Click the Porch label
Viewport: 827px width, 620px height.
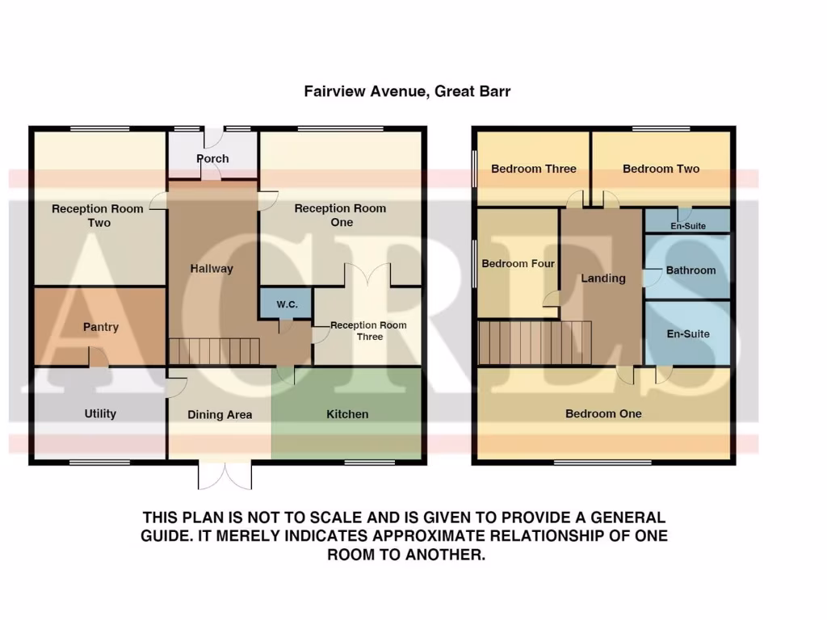[x=212, y=159]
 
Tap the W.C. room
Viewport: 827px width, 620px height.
[x=286, y=304]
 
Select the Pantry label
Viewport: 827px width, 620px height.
[x=101, y=327]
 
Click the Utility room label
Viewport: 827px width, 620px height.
[x=100, y=414]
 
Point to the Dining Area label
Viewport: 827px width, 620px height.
[x=220, y=415]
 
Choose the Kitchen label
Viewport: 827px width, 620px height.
[x=347, y=414]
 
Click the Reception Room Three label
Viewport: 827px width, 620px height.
[x=368, y=331]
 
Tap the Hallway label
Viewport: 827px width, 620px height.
[x=212, y=269]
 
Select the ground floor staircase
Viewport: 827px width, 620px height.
[x=214, y=352]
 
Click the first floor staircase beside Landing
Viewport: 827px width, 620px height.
[x=535, y=342]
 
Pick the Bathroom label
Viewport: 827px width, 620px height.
[x=691, y=270]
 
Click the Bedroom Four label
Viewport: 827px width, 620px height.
[x=518, y=264]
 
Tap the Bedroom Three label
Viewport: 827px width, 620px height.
[x=534, y=169]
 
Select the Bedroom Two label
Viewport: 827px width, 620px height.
[x=661, y=169]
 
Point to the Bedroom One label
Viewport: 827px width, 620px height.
[x=603, y=414]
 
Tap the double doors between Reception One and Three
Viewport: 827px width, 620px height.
[x=368, y=275]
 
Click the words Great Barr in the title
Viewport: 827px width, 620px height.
[x=472, y=92]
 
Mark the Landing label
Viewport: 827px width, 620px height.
[x=603, y=279]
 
